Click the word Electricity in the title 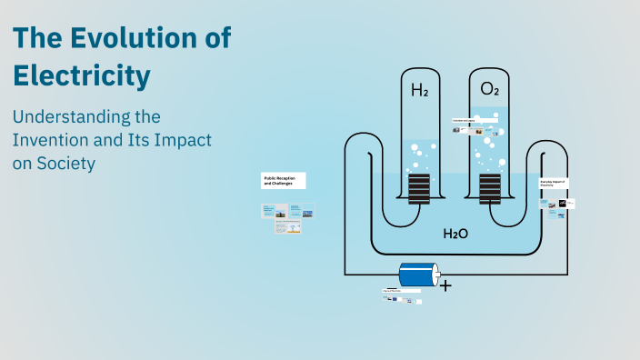click(81, 76)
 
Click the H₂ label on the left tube click(419, 90)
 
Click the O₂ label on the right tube click(489, 89)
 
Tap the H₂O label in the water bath click(455, 234)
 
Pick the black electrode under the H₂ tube click(419, 190)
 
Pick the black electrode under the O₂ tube click(490, 190)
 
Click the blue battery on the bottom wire click(418, 274)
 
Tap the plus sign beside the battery click(445, 285)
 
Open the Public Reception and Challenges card click(284, 180)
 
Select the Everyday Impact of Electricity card click(554, 184)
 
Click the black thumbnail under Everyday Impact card click(563, 205)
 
